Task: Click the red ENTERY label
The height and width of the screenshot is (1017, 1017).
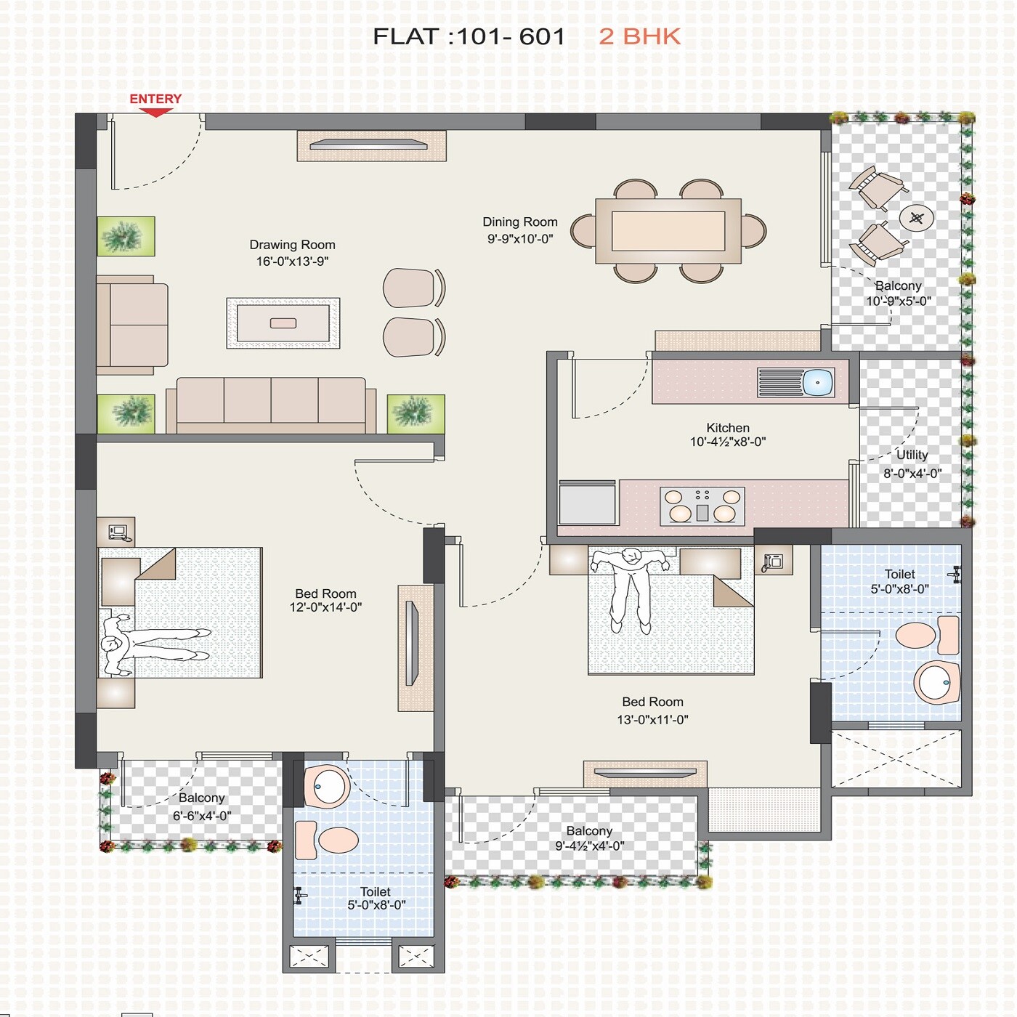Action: click(155, 99)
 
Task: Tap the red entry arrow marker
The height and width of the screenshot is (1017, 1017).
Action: click(155, 113)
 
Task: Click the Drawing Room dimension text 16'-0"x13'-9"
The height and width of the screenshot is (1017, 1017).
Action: click(292, 262)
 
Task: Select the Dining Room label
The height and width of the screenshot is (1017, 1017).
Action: click(520, 222)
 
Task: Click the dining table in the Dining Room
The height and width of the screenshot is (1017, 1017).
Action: click(668, 231)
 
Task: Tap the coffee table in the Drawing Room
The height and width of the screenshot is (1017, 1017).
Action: click(283, 323)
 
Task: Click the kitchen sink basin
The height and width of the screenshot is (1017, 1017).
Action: click(818, 382)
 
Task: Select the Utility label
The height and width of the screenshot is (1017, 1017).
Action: click(912, 455)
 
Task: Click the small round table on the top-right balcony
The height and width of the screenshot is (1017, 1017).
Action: click(917, 218)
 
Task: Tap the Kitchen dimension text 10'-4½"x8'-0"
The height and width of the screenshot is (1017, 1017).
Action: click(728, 442)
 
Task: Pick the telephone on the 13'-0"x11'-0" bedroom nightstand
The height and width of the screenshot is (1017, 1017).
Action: click(773, 561)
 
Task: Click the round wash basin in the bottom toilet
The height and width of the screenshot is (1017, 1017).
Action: click(328, 785)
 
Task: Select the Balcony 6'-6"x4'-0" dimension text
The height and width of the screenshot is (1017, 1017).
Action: click(202, 816)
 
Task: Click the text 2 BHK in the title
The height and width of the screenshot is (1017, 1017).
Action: click(639, 36)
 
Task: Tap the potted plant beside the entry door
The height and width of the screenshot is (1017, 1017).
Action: click(126, 236)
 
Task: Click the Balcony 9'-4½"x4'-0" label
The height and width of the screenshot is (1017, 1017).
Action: click(589, 830)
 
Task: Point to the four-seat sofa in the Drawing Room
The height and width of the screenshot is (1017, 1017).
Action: click(271, 405)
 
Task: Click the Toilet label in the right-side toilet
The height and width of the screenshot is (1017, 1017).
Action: click(899, 574)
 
